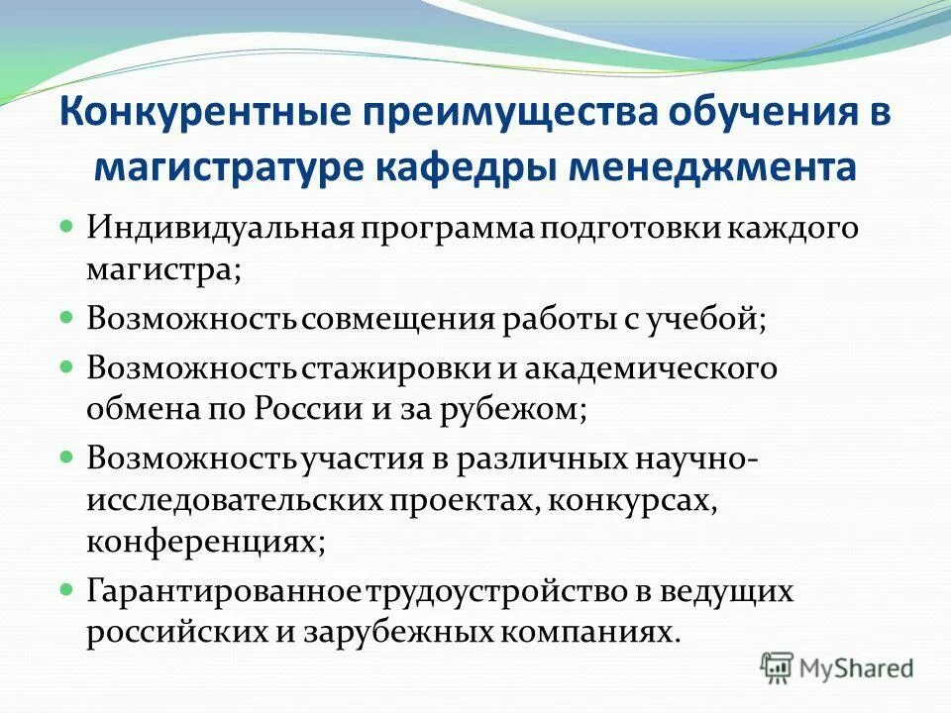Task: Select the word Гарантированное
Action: coord(226,591)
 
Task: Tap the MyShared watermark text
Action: coord(857,668)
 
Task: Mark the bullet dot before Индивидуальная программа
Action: coord(66,227)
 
